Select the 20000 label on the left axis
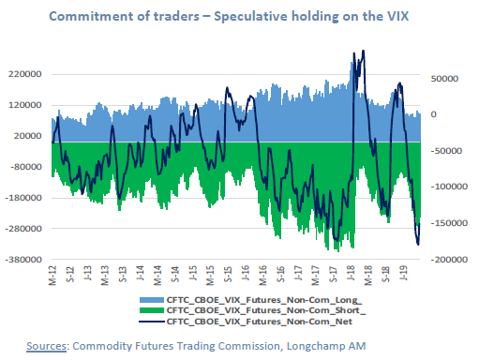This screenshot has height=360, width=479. pyautogui.click(x=32, y=136)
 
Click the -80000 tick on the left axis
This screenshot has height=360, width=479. pyautogui.click(x=29, y=167)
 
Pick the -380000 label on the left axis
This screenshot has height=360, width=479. pyautogui.click(x=27, y=259)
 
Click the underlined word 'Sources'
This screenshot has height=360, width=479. pyautogui.click(x=45, y=345)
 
